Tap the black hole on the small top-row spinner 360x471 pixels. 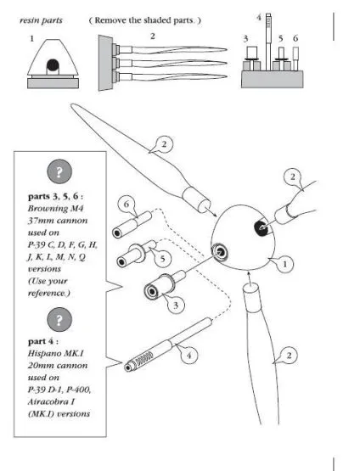point(53,64)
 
